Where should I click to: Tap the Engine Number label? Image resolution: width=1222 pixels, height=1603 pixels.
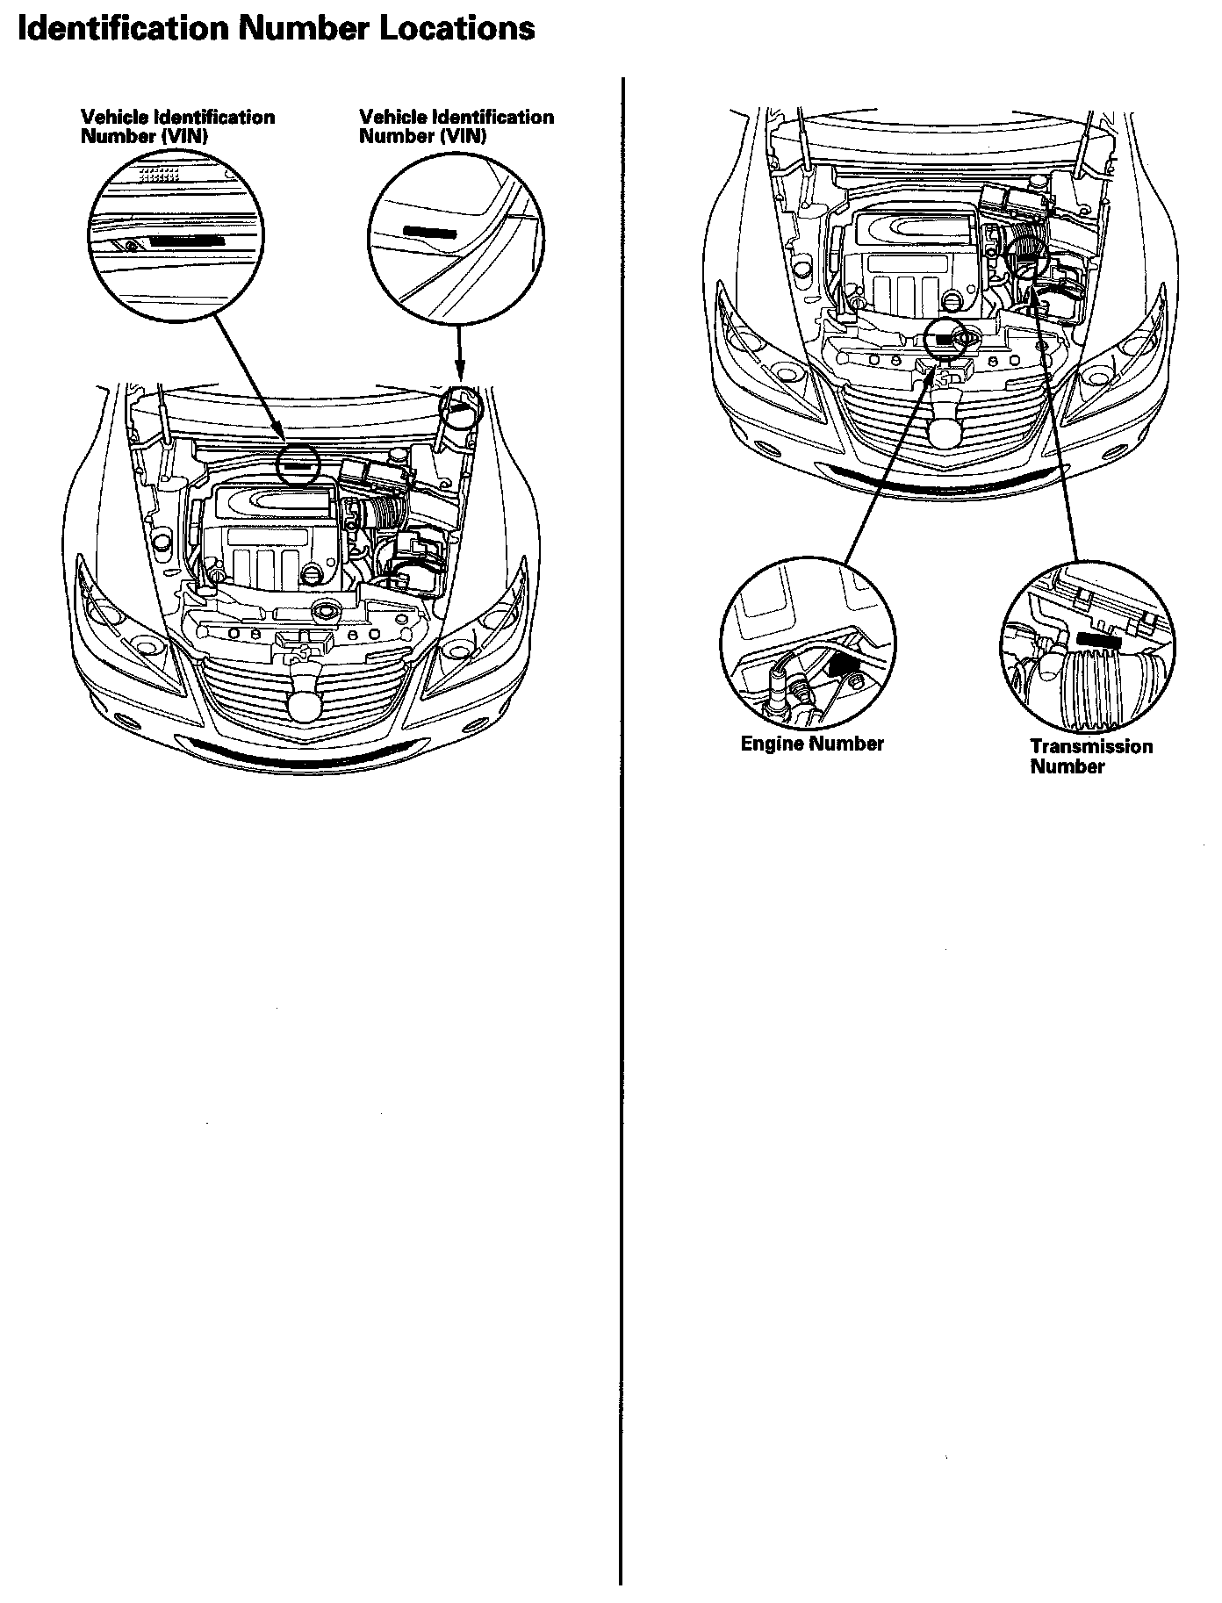point(812,744)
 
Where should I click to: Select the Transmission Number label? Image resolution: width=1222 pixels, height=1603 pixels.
point(1091,756)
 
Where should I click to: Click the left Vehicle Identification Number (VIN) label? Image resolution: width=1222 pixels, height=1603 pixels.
point(177,126)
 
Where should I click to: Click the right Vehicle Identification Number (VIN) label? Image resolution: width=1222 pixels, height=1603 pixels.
point(456,126)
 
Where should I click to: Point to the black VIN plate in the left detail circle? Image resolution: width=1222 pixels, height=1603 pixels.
point(187,239)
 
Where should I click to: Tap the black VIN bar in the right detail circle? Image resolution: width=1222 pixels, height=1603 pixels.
point(429,231)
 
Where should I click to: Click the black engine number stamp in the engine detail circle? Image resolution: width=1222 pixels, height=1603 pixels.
point(844,670)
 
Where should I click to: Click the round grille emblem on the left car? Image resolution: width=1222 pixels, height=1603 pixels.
point(304,702)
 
